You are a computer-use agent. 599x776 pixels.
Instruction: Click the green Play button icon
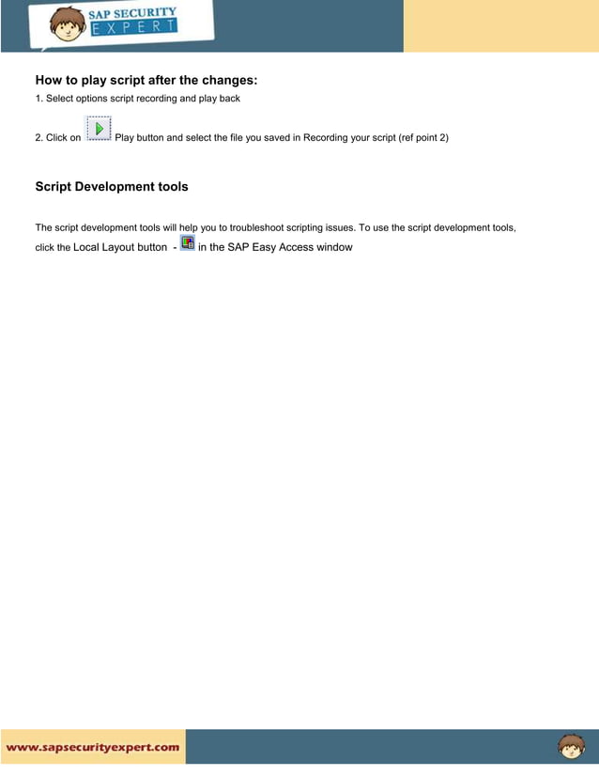pos(99,128)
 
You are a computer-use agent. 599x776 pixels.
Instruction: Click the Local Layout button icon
pos(188,243)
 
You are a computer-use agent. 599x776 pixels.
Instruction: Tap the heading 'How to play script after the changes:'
pos(146,80)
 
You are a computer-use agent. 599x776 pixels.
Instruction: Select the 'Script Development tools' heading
pos(112,186)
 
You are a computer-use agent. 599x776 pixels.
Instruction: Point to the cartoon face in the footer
pos(571,747)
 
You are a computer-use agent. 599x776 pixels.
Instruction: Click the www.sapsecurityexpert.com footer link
pos(93,748)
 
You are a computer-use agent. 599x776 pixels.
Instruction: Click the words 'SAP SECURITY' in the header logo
pos(132,12)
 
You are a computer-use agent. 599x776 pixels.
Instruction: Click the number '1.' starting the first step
pos(38,99)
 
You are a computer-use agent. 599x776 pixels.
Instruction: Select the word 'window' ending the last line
pos(334,247)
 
